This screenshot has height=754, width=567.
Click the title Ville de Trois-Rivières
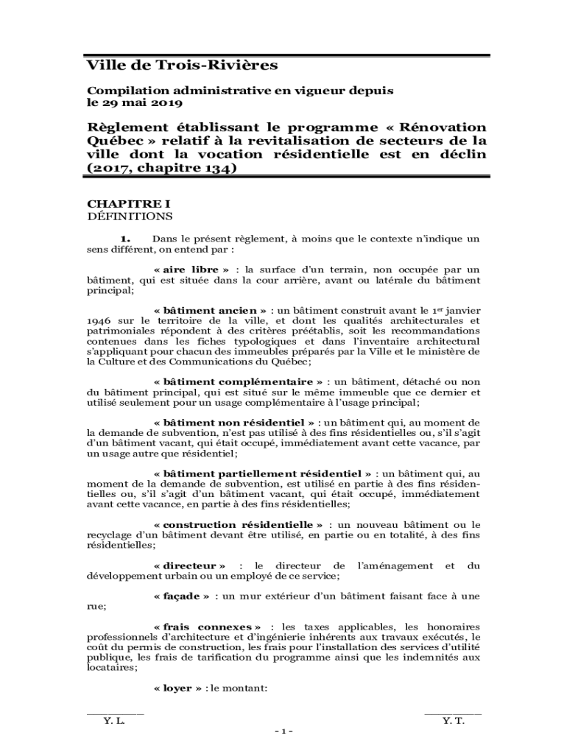(x=182, y=66)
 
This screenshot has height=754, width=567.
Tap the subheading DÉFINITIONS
(x=130, y=216)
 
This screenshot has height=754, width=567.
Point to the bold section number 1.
(x=125, y=239)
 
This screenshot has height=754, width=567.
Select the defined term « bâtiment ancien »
(x=210, y=311)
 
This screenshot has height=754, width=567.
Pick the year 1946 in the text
(x=99, y=321)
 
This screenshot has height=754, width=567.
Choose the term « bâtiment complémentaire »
(x=238, y=382)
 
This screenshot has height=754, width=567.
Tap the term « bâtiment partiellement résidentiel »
(x=262, y=473)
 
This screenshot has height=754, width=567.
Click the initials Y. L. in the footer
(x=114, y=722)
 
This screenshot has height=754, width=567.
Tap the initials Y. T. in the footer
(x=453, y=722)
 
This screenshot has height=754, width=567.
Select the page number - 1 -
(x=283, y=731)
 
